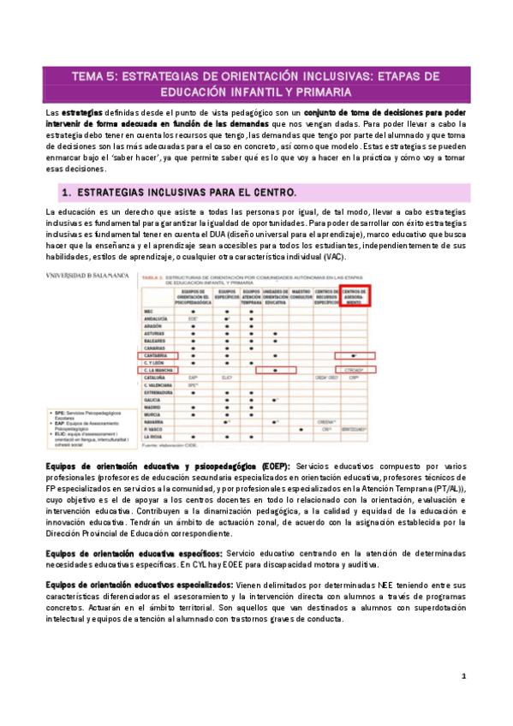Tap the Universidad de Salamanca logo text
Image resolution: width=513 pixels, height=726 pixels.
pyautogui.click(x=87, y=276)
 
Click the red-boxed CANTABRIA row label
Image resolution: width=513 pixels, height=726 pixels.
pyautogui.click(x=155, y=354)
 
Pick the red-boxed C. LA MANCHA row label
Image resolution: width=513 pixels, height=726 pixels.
pyautogui.click(x=157, y=370)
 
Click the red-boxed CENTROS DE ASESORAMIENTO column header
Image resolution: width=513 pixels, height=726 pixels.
pyautogui.click(x=355, y=297)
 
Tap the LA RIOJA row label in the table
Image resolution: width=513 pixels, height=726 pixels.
pyautogui.click(x=152, y=437)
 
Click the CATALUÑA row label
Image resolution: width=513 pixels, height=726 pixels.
pyautogui.click(x=155, y=378)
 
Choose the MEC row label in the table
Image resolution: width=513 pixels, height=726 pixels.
pyautogui.click(x=148, y=311)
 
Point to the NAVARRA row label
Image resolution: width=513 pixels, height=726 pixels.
pyautogui.click(x=154, y=420)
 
